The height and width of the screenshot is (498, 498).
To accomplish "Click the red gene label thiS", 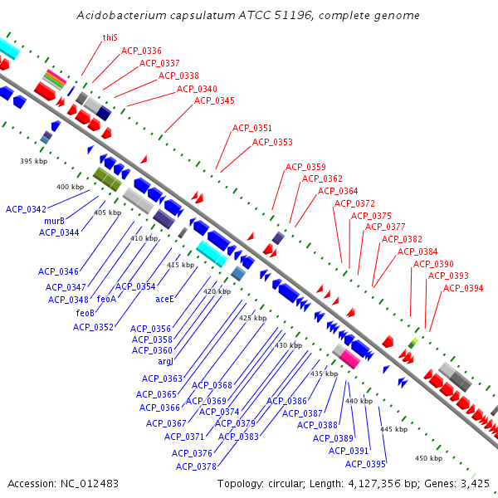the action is tap(110, 38).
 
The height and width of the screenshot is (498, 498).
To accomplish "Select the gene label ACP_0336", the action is tap(141, 51).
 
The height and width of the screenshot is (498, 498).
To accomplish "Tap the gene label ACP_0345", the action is tap(214, 100).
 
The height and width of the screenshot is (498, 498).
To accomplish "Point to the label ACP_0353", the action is tap(272, 142).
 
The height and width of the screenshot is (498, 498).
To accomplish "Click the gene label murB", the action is tap(54, 221).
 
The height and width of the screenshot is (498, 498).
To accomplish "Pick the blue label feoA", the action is tap(107, 299).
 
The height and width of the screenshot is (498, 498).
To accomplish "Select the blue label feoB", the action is tap(85, 313).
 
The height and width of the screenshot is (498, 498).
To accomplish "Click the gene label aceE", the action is tap(164, 299).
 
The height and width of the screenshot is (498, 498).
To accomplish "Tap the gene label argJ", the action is tap(165, 361).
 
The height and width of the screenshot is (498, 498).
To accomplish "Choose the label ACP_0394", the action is tap(463, 288).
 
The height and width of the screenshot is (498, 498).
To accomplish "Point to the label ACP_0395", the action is tap(365, 464).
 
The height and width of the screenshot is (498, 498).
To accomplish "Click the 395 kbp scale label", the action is tap(34, 161).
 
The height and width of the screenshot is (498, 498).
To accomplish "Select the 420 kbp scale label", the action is tap(217, 291).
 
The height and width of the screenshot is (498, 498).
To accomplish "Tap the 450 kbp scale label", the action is tap(429, 458).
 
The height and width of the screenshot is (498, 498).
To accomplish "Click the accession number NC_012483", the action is tap(90, 484).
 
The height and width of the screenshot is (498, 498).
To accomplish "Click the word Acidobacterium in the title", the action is tap(122, 15).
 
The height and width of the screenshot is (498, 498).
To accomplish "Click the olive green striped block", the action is tap(107, 179).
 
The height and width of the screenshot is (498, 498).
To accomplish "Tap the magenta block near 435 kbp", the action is tap(350, 359).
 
